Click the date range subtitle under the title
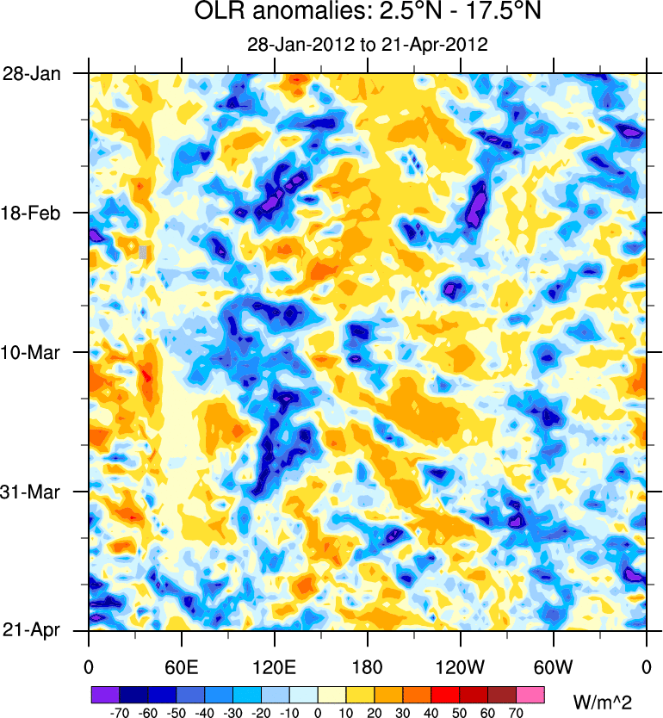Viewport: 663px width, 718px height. coord(368,46)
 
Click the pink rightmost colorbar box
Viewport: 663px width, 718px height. coord(530,694)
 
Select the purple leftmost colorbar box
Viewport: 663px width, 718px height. coord(105,694)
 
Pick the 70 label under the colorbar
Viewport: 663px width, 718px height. coord(516,713)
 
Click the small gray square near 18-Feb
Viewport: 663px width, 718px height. coord(144,252)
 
